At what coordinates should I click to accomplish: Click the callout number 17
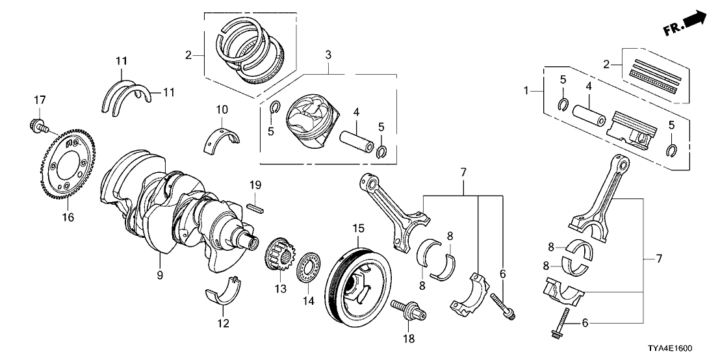pos(40,100)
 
